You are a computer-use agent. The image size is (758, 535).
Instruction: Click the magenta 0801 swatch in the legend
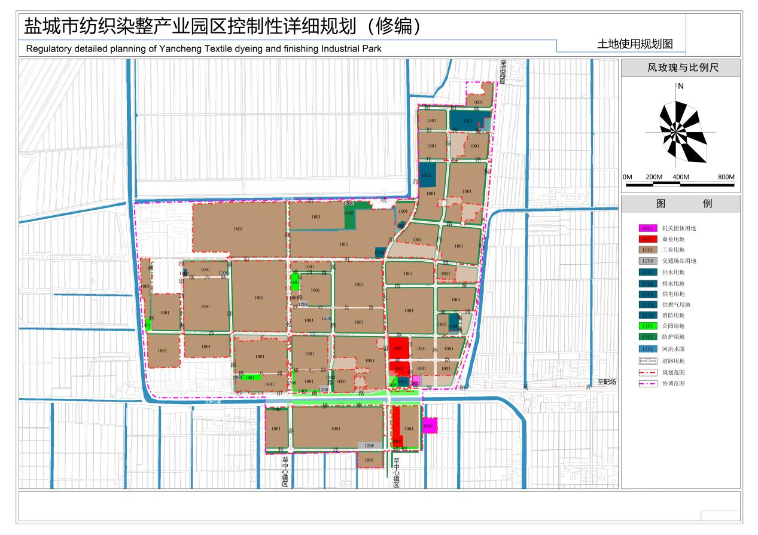(x=647, y=228)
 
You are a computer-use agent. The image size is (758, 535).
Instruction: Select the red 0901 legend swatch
(x=647, y=239)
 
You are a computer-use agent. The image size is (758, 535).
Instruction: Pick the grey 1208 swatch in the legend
(x=647, y=261)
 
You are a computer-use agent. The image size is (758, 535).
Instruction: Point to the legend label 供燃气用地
(x=676, y=305)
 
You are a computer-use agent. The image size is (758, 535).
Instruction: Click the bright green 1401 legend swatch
(x=647, y=326)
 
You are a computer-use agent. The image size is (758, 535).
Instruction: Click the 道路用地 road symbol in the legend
(x=647, y=360)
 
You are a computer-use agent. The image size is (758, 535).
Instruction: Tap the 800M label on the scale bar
(x=726, y=178)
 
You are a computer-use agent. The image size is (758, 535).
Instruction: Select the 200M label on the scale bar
(x=654, y=178)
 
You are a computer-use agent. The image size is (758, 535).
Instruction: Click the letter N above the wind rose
(x=680, y=86)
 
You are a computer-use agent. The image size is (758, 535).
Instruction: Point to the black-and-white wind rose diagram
(x=681, y=132)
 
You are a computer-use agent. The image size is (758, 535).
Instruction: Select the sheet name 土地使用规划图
(x=635, y=44)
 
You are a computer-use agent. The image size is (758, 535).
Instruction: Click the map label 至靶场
(x=607, y=382)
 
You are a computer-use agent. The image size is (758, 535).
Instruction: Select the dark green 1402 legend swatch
(x=647, y=337)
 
